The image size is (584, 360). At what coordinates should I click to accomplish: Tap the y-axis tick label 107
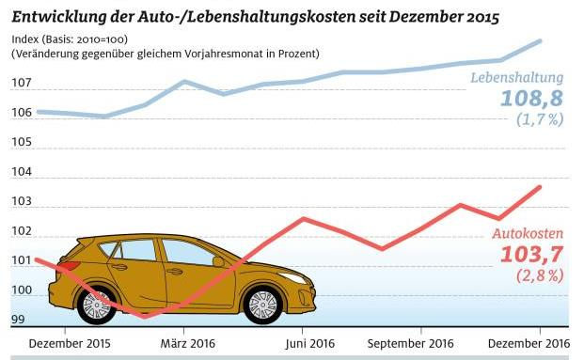[22, 84]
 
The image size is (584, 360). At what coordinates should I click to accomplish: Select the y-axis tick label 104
[22, 173]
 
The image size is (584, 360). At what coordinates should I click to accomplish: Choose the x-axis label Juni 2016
[304, 343]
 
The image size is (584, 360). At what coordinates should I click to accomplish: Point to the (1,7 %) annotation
[539, 119]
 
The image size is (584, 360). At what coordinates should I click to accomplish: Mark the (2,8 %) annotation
[539, 275]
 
